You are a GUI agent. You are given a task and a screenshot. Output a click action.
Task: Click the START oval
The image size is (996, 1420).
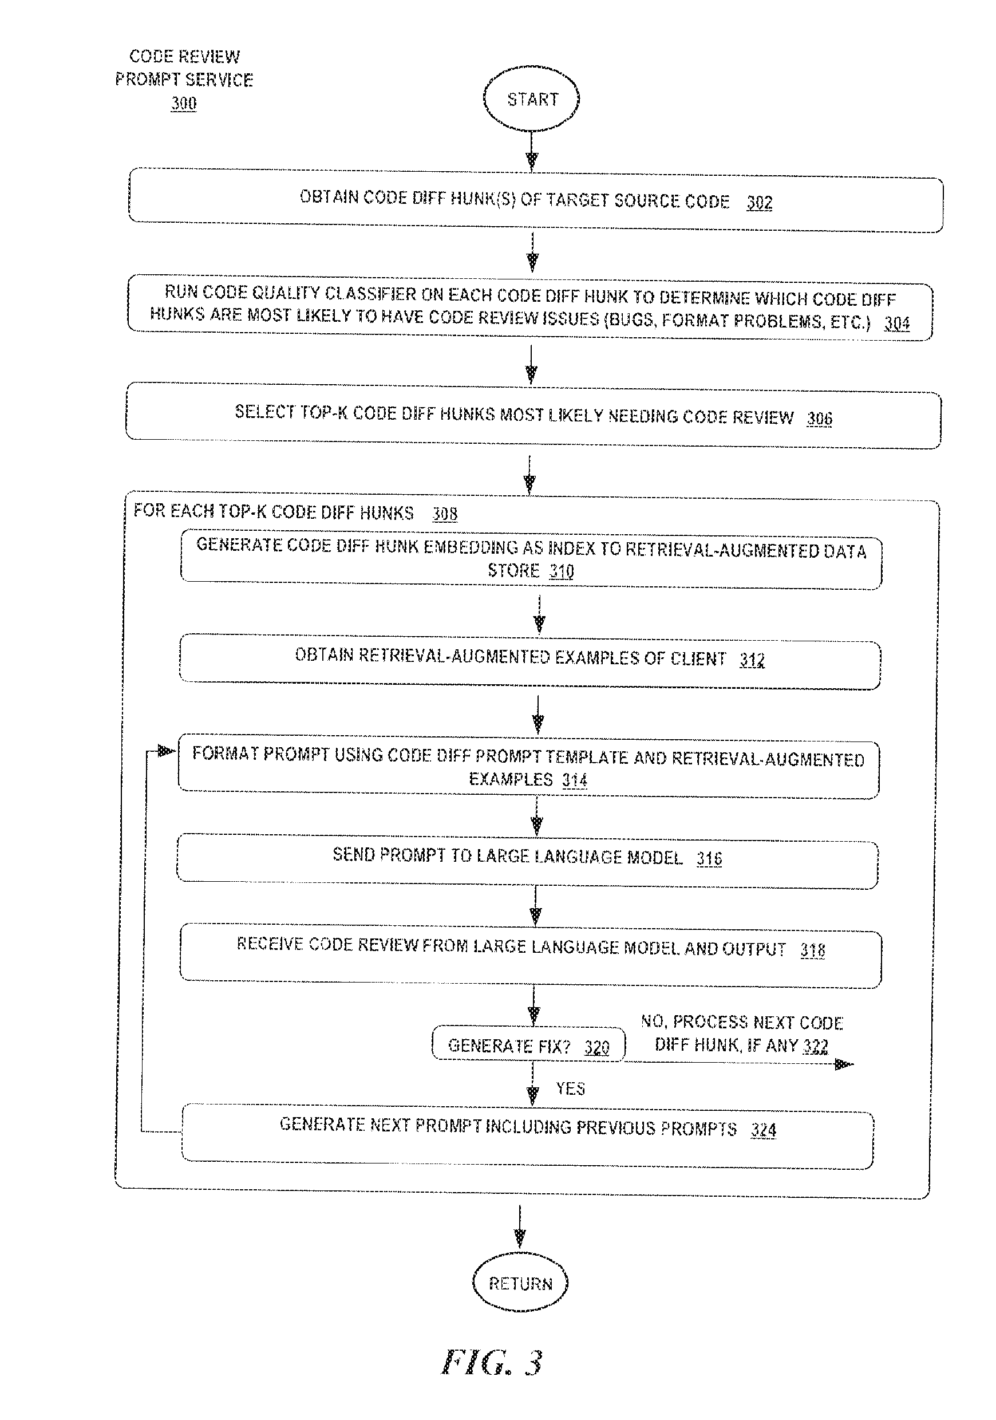coord(531,99)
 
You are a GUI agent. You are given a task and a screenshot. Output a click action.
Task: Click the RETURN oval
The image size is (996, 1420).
coord(520,1283)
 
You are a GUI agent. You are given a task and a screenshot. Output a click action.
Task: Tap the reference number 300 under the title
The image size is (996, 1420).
coord(184,102)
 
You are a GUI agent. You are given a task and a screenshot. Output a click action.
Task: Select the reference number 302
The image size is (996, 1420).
coord(759,202)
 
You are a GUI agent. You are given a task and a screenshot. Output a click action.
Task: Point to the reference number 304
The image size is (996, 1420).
coord(896,323)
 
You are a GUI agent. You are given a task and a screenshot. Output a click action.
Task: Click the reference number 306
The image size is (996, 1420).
coord(819,419)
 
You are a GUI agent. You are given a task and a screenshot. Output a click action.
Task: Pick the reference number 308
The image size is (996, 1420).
coord(445,514)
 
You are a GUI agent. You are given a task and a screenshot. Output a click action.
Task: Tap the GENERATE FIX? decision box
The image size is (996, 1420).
coord(528,1044)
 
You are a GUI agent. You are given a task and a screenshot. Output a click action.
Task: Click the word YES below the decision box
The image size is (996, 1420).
coord(570,1089)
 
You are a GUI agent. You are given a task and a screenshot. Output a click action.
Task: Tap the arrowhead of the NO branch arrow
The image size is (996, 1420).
coord(844,1064)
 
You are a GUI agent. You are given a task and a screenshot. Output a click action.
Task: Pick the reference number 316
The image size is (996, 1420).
coord(709,858)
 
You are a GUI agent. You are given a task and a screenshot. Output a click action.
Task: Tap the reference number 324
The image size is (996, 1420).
coord(764,1130)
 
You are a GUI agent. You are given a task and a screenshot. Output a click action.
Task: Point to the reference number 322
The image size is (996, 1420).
coord(816,1047)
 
